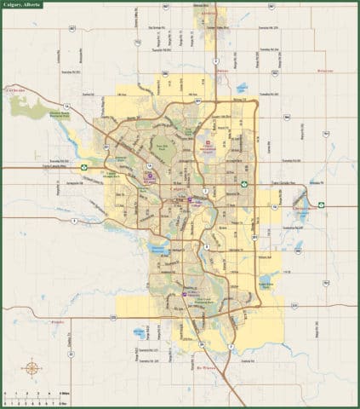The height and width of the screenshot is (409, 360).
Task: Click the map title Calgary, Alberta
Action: [25, 5]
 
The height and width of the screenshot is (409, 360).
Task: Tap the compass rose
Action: [31, 368]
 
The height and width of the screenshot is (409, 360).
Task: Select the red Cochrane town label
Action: [16, 88]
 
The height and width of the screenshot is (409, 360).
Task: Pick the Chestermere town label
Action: [304, 208]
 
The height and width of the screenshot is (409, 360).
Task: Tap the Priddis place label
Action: [58, 322]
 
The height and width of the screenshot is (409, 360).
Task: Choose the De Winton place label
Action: [209, 348]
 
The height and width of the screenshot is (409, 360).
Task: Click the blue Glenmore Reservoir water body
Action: [158, 249]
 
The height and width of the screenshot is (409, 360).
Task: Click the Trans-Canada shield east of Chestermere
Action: [322, 204]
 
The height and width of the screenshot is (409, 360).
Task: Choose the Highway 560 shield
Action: [298, 251]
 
